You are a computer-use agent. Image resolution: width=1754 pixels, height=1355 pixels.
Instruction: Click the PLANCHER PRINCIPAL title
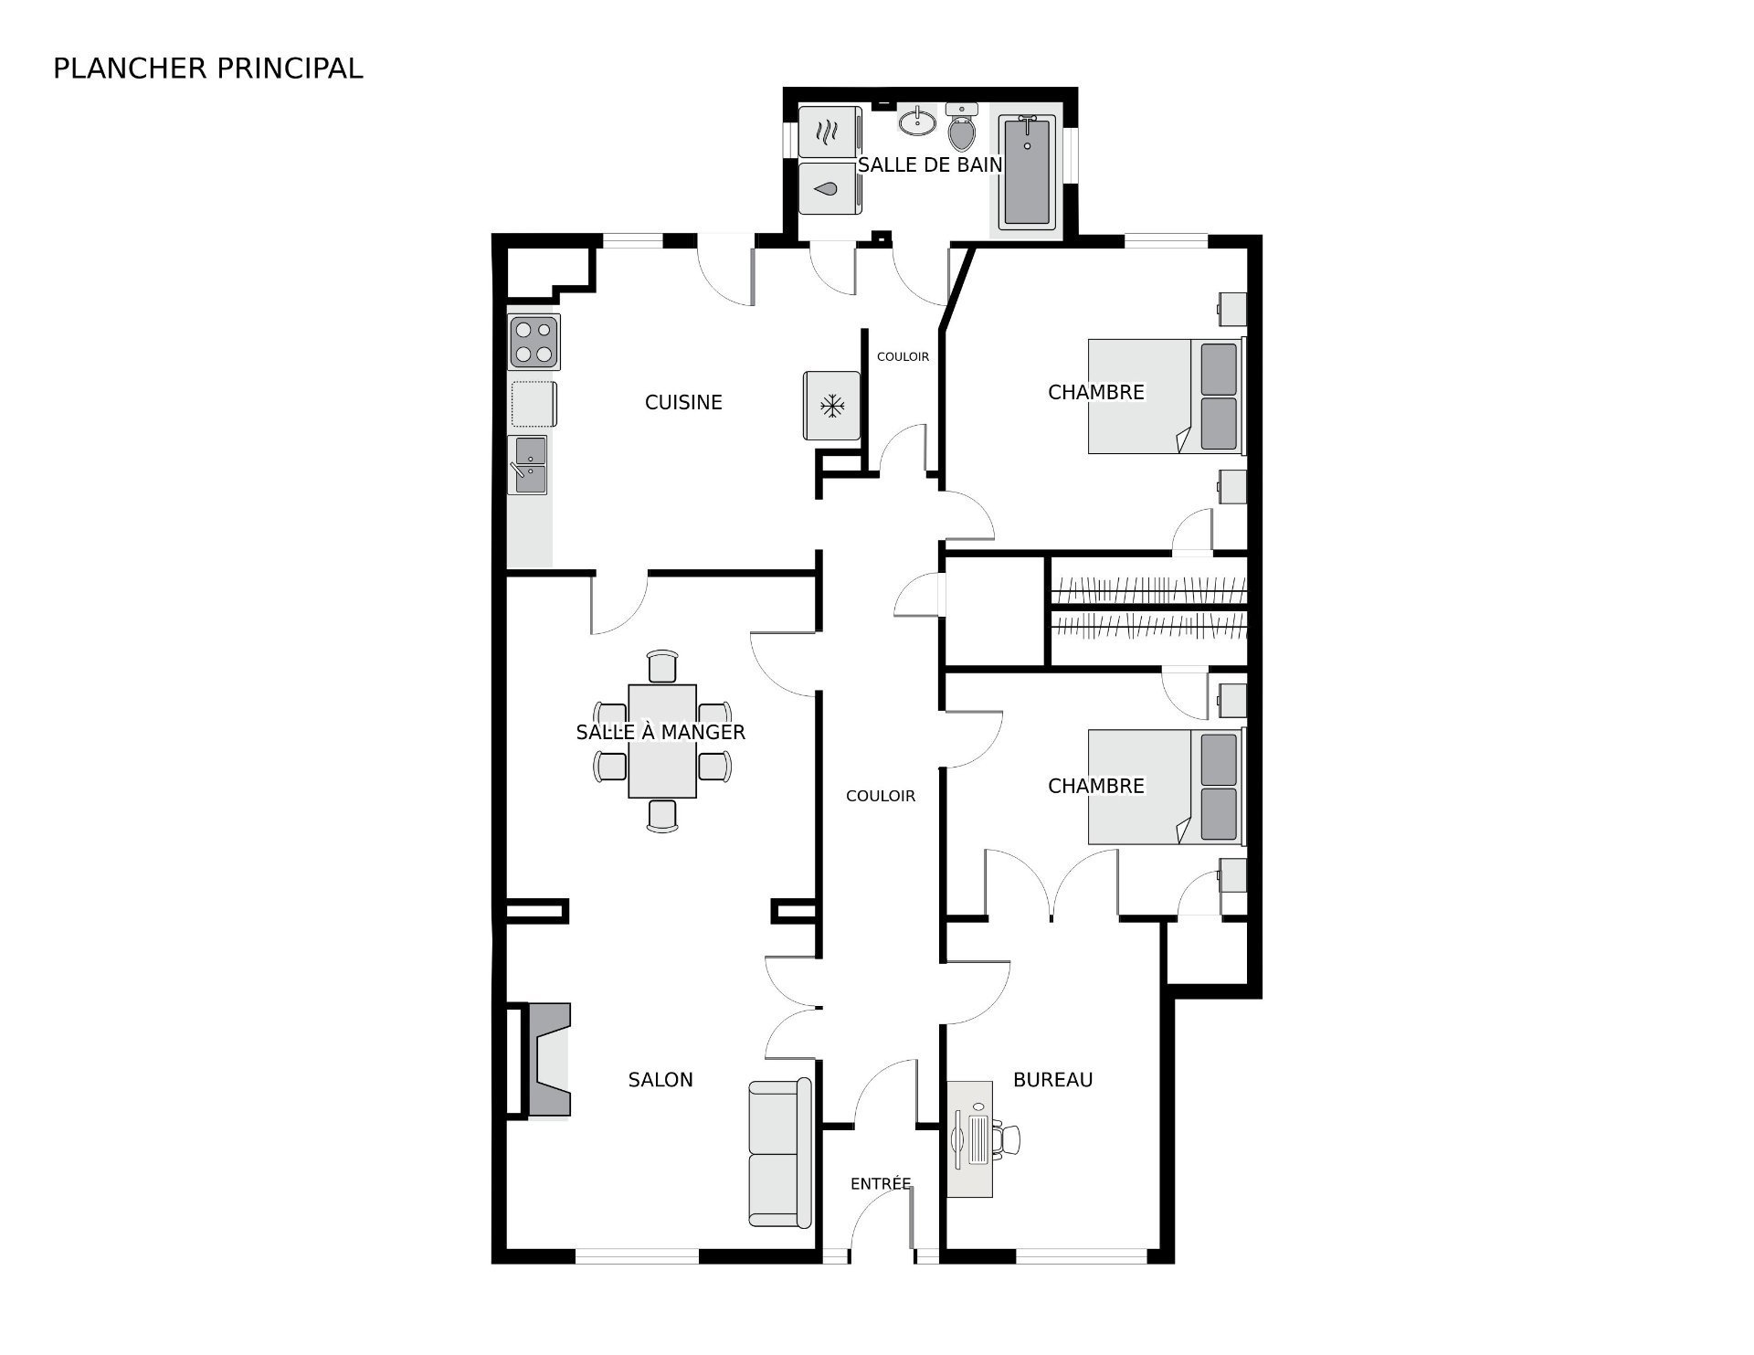pos(208,69)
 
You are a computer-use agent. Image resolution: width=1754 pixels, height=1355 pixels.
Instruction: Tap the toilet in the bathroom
pos(962,127)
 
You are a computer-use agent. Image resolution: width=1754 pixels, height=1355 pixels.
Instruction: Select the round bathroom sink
pos(917,121)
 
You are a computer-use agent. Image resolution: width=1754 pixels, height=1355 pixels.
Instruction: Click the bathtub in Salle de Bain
pos(1028,171)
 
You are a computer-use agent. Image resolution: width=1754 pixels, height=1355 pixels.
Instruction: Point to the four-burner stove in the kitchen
pos(534,342)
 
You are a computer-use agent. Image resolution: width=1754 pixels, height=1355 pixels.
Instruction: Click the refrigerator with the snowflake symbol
pos(831,406)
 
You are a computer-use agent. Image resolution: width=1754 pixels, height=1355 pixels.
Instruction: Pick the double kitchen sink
pos(528,465)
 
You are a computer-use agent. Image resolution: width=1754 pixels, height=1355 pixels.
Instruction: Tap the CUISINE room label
pos(683,402)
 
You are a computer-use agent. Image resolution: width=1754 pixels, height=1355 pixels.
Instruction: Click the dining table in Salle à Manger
pos(662,741)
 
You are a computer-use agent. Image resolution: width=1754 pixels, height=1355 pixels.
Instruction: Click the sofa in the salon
pos(779,1153)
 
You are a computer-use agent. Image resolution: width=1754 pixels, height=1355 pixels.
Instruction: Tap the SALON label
pos(660,1080)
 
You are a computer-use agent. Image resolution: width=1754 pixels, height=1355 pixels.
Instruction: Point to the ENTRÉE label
pos(881,1183)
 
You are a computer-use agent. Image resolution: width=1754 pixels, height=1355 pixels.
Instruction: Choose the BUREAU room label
pos(1053,1080)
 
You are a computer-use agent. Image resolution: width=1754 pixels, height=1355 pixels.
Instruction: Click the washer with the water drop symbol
pos(829,189)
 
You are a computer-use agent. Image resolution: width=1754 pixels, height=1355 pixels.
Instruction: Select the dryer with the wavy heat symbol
pos(829,132)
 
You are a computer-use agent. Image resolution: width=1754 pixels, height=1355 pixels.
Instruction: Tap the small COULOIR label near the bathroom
pos(903,356)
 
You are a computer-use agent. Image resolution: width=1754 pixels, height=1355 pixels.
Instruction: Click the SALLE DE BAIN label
pos(930,165)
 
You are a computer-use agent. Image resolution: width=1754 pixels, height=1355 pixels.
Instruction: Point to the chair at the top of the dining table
pos(662,666)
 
